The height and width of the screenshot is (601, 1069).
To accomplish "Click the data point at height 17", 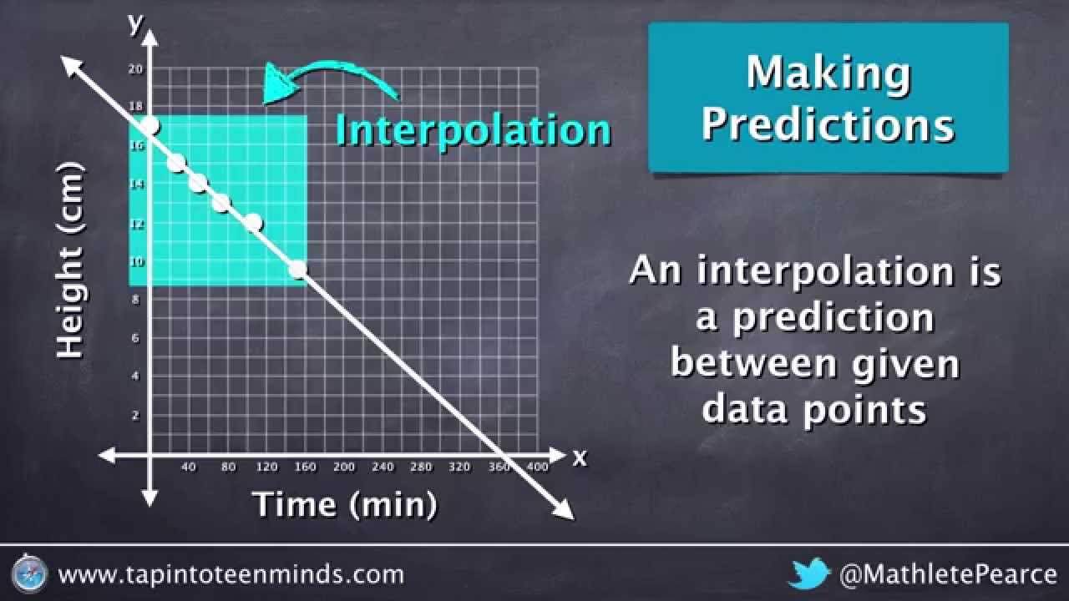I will pos(149,126).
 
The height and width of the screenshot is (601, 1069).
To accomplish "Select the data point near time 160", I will pos(297,269).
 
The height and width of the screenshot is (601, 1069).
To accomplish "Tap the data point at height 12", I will pos(253,223).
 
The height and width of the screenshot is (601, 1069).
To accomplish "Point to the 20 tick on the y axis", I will pos(135,69).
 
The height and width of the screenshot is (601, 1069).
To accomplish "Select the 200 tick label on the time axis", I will pos(344,467).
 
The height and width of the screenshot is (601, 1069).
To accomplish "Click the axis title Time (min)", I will pos(344,504).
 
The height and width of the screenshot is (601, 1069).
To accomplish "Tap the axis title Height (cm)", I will pos(71,261).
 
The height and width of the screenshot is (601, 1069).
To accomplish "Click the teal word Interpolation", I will pos(473,130).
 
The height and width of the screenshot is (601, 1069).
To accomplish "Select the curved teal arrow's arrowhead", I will pos(276,84).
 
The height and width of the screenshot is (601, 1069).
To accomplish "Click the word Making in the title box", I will pos(828,73).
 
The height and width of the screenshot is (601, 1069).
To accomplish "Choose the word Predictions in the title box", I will pos(828,124).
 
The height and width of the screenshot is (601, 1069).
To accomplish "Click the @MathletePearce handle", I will pos(948,574).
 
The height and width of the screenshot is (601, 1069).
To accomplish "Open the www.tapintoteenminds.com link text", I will pos(231,574).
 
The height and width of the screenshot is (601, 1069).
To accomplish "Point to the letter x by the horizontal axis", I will pos(580,457).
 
